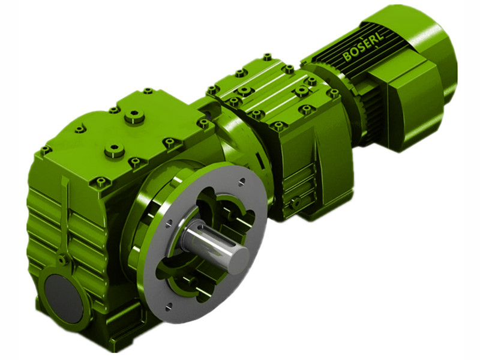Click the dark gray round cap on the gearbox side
coord(64,298)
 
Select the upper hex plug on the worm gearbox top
coord(134,116)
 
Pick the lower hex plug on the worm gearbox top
coord(115,151)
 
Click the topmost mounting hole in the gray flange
coord(242,181)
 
